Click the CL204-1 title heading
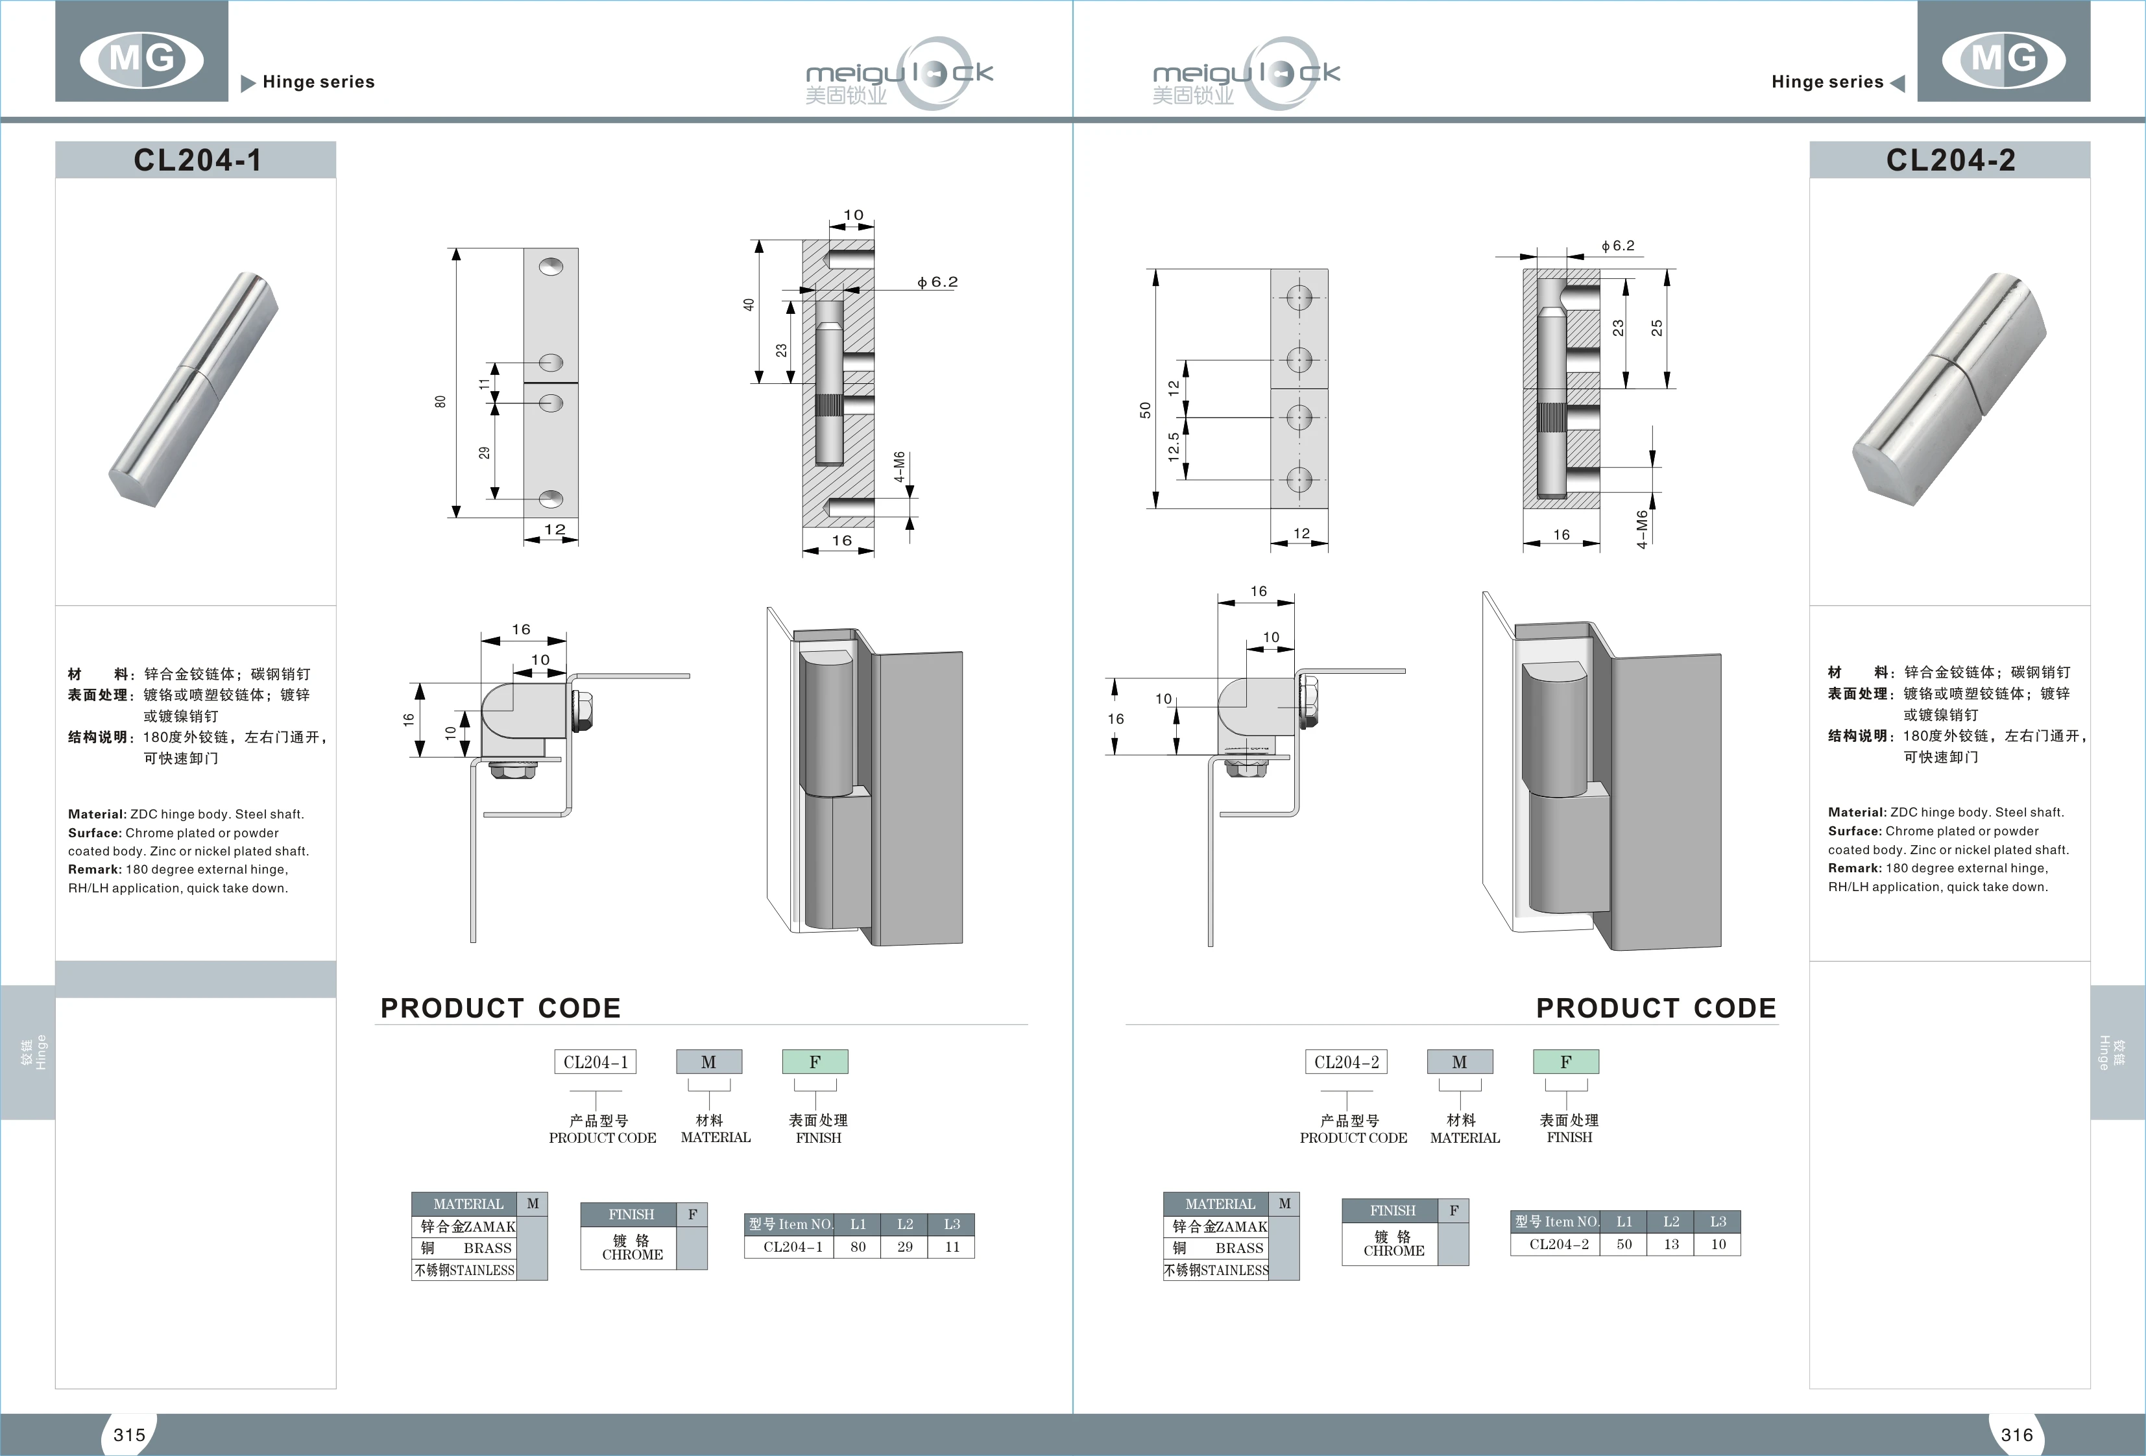click(197, 160)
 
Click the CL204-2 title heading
click(1950, 160)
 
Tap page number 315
click(129, 1435)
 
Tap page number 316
click(2017, 1435)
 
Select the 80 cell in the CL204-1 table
click(858, 1247)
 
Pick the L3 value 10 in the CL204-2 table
click(1718, 1244)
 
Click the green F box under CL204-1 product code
click(814, 1062)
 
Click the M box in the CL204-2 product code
click(1459, 1062)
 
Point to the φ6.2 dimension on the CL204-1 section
click(937, 281)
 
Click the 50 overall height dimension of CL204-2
click(1145, 409)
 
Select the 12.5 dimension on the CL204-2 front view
click(1173, 447)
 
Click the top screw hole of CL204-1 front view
click(551, 266)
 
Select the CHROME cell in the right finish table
click(1393, 1244)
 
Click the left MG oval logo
click(141, 59)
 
